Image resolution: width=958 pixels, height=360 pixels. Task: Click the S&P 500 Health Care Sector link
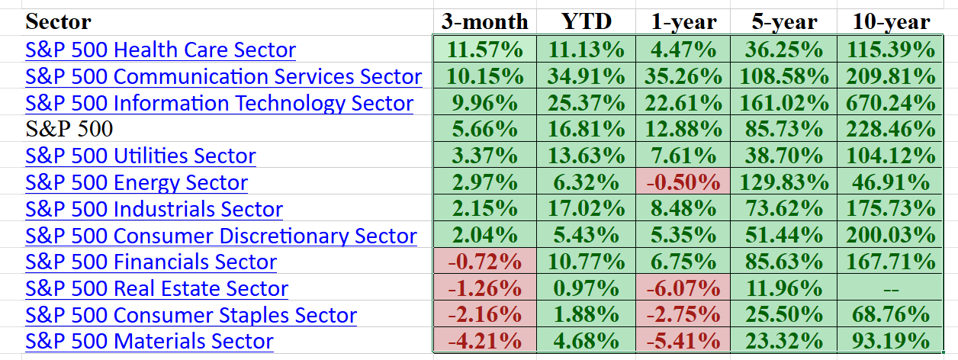click(160, 50)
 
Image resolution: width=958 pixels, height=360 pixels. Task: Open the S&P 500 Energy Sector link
click(137, 183)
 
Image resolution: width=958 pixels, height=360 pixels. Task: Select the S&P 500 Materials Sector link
click(149, 341)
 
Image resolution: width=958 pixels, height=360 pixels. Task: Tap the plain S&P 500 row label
click(69, 130)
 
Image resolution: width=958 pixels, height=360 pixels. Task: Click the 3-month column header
click(484, 21)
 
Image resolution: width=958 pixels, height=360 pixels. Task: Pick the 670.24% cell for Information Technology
click(891, 103)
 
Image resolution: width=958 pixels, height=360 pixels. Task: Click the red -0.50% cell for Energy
click(682, 183)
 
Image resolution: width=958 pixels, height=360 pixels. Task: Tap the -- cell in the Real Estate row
click(891, 289)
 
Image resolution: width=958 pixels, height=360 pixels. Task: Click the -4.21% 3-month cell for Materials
click(484, 341)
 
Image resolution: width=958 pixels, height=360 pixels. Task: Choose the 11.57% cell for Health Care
click(484, 50)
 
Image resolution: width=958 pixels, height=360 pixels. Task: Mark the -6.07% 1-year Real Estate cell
click(682, 289)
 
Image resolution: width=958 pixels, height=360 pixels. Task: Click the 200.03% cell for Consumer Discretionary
click(891, 236)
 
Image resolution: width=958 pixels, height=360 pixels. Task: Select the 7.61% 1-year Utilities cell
click(682, 156)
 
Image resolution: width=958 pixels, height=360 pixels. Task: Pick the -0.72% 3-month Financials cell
click(484, 262)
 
